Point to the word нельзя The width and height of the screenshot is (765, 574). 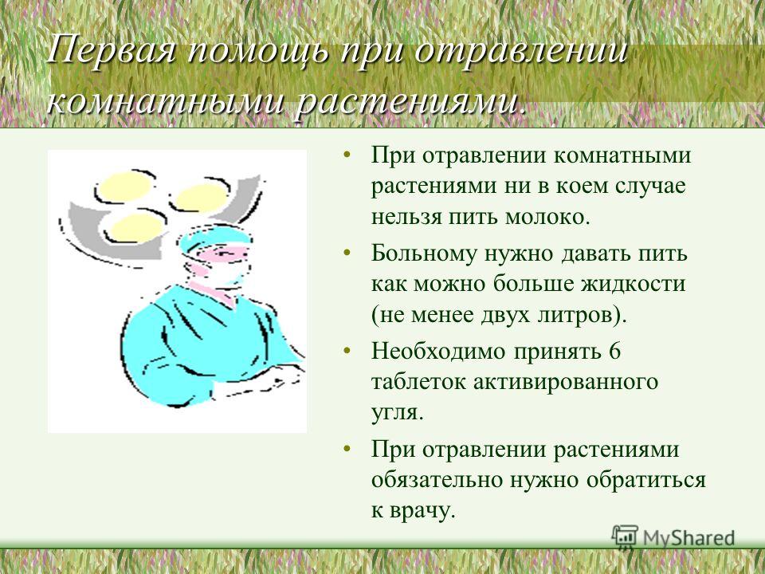point(406,217)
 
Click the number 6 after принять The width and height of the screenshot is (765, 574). point(614,351)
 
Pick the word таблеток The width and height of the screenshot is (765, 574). point(419,382)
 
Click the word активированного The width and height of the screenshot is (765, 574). point(566,382)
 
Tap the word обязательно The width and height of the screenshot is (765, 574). point(437,480)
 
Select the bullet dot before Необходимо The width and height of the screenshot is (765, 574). point(347,351)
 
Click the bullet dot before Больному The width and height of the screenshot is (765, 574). point(347,253)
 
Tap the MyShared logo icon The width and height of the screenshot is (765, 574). point(625,537)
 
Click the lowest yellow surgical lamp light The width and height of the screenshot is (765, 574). point(135,227)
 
